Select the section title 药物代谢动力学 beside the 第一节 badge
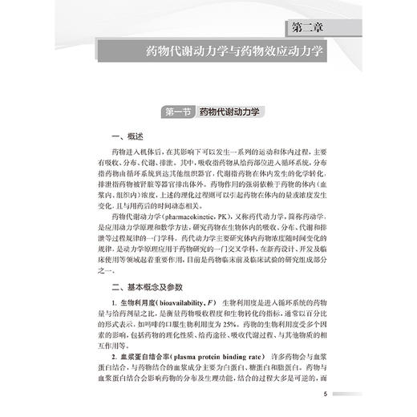[231, 113]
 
